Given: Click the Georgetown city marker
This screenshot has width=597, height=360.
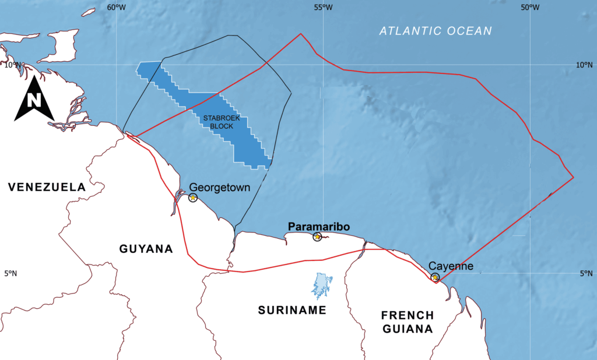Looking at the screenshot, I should click(193, 198).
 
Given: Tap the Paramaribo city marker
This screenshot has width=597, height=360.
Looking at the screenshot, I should click(317, 237).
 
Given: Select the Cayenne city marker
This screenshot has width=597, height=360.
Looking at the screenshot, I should click(435, 277).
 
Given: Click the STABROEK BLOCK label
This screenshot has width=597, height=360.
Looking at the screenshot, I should click(218, 122).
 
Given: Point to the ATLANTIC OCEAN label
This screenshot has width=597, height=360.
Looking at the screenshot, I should click(436, 31).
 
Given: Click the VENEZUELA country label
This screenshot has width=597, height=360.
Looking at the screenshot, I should click(47, 187).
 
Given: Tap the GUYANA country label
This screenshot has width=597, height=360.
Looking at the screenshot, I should click(146, 249).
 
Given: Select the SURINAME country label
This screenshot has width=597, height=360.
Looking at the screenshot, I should click(292, 310).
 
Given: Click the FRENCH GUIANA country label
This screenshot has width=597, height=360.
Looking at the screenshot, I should click(408, 322).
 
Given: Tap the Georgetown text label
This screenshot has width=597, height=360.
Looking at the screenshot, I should click(219, 188).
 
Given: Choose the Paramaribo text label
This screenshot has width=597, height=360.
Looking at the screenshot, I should click(318, 226).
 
